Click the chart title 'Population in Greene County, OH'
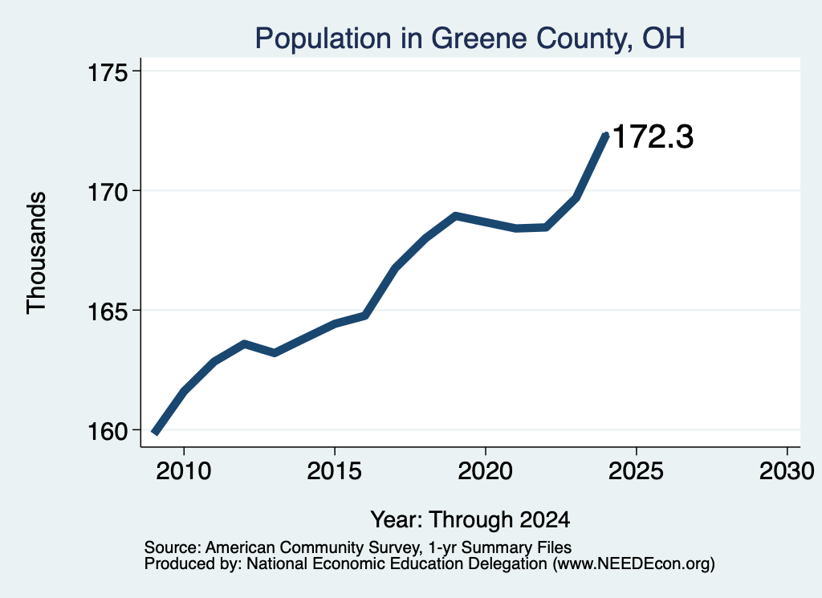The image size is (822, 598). coord(470,39)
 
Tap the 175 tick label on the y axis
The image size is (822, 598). coord(108,72)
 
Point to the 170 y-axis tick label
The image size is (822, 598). coord(108,192)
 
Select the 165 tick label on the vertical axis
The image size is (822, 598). coord(108,311)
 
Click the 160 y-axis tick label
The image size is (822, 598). coord(108,431)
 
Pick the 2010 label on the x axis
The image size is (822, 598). coord(184,470)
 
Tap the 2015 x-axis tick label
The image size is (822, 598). coord(335,470)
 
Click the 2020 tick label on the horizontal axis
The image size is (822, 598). coord(486,470)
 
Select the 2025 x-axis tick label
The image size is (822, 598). coord(636,470)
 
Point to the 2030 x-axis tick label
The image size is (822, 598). coord(787,470)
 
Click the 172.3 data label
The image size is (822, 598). coord(653,136)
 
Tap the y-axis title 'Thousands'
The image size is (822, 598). coord(37,253)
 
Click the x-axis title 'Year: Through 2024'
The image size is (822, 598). coord(470,519)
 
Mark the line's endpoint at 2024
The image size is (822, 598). coord(606,135)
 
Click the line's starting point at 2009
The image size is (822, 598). coord(155,433)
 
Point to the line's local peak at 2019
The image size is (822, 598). coord(456,216)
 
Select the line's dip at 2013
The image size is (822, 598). coord(275,353)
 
